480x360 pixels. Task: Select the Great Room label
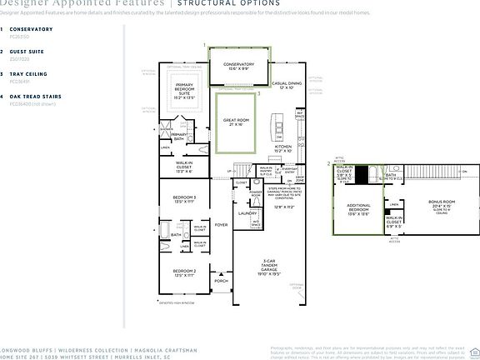click(x=236, y=122)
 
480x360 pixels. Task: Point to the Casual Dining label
click(x=286, y=85)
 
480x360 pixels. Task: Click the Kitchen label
click(x=283, y=149)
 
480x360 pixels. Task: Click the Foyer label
click(x=221, y=224)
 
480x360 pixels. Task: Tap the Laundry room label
click(x=247, y=213)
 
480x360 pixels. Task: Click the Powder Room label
click(x=255, y=196)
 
